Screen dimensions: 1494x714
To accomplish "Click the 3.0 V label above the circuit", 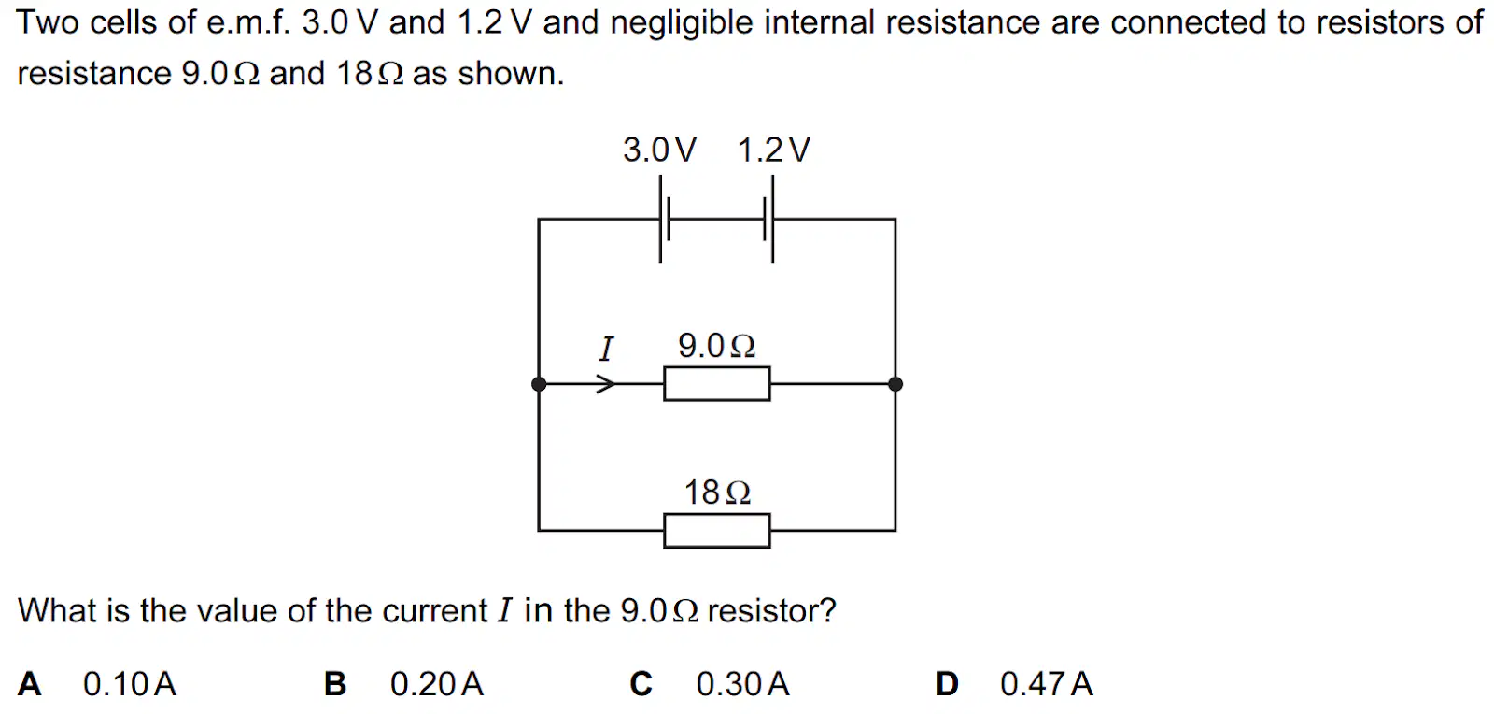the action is pos(659,150).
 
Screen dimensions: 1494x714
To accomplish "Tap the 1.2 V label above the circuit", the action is pos(774,150).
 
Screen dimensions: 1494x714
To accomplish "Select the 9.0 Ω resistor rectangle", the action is pos(717,384).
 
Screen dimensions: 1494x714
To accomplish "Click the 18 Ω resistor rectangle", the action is pos(717,531).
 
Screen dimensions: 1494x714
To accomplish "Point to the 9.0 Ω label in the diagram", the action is pos(717,346).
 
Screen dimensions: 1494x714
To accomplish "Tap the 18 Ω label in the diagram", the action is pos(718,493).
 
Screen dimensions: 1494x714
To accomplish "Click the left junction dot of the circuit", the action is pos(539,384).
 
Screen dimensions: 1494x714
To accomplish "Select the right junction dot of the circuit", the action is pos(895,384).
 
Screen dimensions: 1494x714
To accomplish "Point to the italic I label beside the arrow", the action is pos(606,349).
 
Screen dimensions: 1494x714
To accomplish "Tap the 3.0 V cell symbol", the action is pos(664,219).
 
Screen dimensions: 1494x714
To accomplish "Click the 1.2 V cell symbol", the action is pos(769,219).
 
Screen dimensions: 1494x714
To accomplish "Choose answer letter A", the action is pos(29,684).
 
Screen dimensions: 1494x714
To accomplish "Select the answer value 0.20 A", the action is pos(437,684).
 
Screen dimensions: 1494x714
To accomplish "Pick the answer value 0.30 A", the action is pos(743,684).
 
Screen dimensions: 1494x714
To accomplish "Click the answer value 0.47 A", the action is pos(1047,684).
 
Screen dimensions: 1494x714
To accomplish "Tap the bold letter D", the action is pos(947,684).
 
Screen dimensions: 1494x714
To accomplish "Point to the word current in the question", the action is pos(435,610).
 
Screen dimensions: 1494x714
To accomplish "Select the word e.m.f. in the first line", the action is pos(248,22).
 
